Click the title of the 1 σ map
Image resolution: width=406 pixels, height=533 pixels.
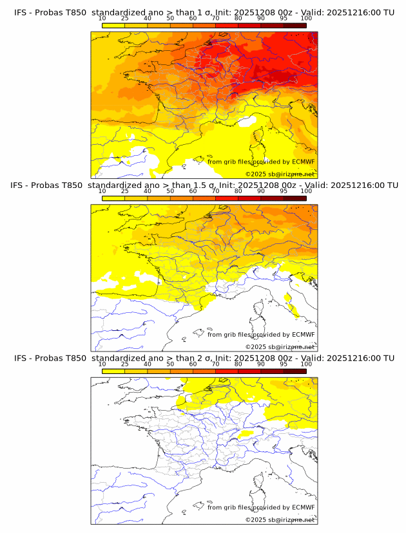[x=204, y=12]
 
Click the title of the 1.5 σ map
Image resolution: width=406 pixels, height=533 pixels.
[x=204, y=185]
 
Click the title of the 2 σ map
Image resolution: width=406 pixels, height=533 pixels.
[x=204, y=358]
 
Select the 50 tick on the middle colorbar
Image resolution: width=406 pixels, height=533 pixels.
[x=170, y=191]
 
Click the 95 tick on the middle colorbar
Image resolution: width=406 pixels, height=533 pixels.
[x=284, y=191]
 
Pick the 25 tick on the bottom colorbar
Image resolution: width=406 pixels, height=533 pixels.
[x=125, y=364]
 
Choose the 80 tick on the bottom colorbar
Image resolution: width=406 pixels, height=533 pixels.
[x=238, y=364]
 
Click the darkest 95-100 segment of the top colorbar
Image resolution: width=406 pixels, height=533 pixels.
[x=295, y=25]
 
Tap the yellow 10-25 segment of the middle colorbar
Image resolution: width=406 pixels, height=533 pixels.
[x=113, y=198]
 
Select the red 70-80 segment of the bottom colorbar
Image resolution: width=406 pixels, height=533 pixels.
[x=227, y=371]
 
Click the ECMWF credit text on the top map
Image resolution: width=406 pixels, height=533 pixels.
[x=261, y=162]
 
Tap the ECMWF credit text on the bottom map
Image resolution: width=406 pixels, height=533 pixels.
[x=261, y=507]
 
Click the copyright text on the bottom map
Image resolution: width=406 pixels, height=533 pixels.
[x=280, y=519]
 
